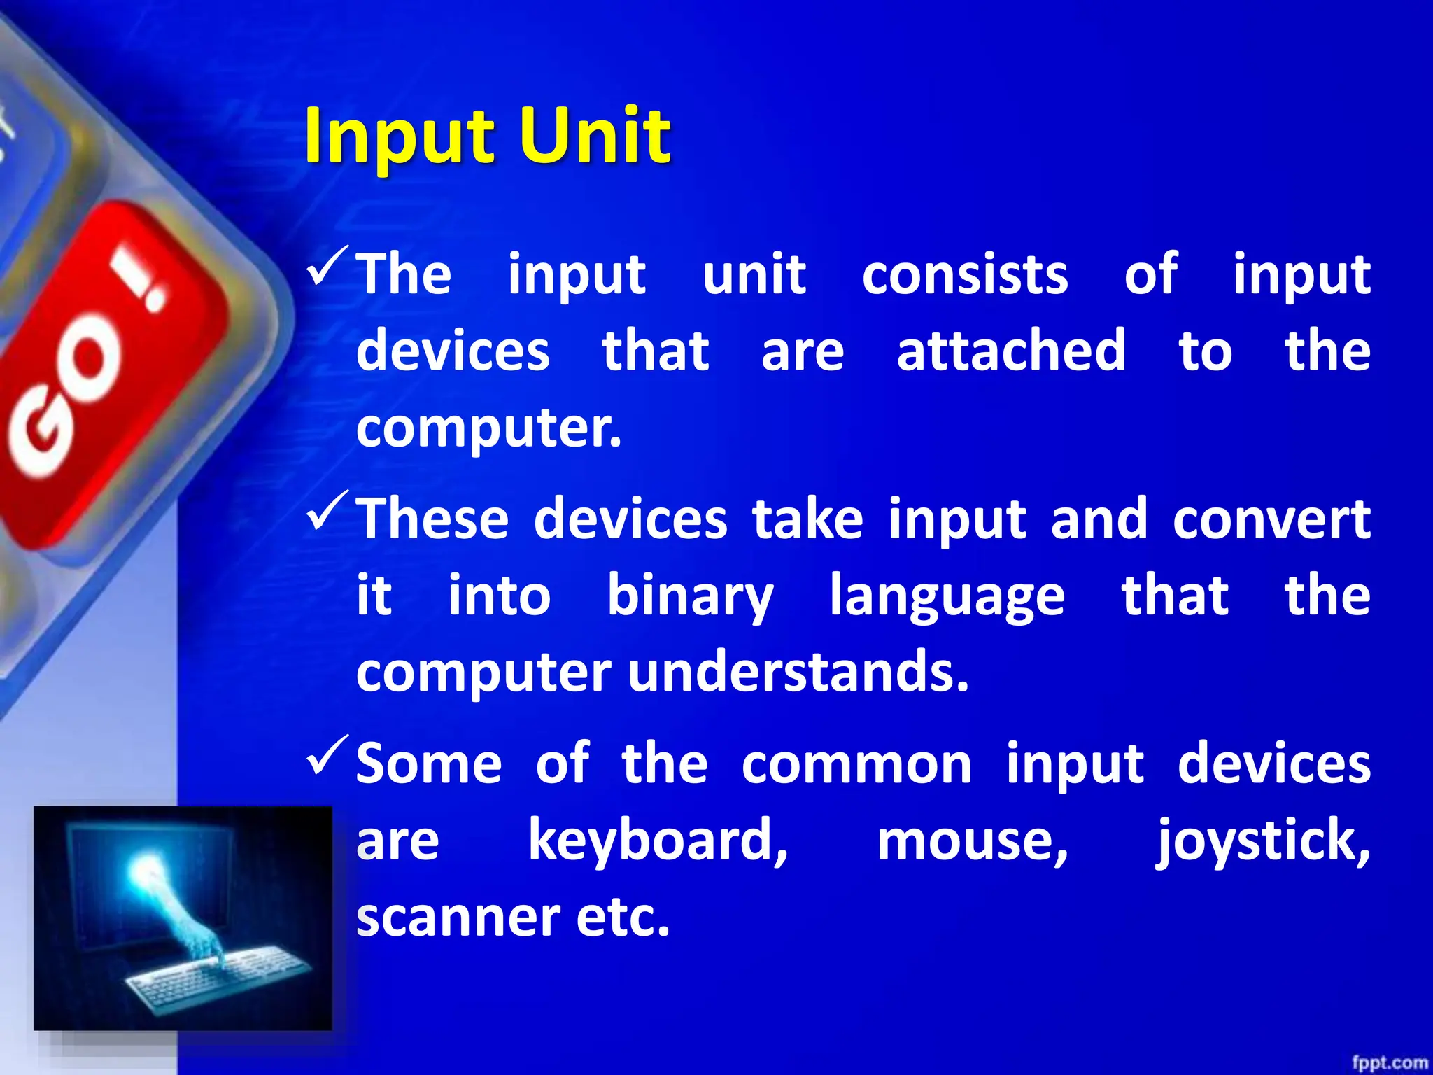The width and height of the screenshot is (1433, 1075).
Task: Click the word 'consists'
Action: (x=965, y=274)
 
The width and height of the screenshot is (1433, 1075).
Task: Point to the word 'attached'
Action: (x=1011, y=351)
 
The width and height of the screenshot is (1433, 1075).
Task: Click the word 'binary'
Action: (x=690, y=596)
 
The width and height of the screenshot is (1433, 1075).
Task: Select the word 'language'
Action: (x=947, y=596)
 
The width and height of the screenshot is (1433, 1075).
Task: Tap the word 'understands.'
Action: (x=798, y=672)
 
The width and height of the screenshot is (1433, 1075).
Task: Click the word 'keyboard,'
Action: (x=658, y=840)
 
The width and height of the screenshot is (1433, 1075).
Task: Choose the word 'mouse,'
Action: (x=973, y=840)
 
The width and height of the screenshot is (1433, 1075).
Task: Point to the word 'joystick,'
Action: (x=1262, y=840)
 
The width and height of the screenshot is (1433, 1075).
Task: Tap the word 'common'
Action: (x=856, y=764)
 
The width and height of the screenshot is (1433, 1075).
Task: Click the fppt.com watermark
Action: (x=1389, y=1062)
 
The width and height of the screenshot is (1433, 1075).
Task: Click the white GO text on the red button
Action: (x=66, y=399)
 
